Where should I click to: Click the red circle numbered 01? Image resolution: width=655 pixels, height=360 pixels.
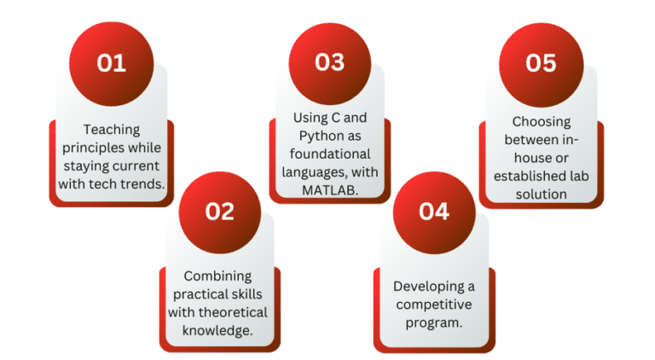click(x=111, y=63)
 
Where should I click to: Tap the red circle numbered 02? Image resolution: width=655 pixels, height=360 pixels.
click(x=219, y=210)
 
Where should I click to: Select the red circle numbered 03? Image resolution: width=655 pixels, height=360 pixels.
click(x=328, y=62)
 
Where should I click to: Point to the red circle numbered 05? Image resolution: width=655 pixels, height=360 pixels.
click(x=542, y=63)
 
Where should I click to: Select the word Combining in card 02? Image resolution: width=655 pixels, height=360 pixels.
click(x=218, y=276)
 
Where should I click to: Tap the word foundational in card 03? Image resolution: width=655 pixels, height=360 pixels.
click(x=327, y=154)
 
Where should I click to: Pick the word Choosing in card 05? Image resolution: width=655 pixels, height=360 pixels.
click(x=542, y=121)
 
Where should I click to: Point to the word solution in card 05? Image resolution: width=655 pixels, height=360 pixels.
click(x=542, y=194)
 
